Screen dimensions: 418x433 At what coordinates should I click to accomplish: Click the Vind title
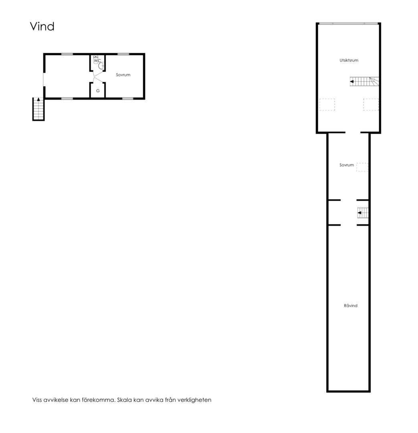[x=42, y=26]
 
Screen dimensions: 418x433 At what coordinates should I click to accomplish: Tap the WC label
[x=97, y=61]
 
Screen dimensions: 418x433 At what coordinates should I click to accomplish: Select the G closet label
[x=98, y=91]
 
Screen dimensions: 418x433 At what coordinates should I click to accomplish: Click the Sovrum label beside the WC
[x=123, y=75]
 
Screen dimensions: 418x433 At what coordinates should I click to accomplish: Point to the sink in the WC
[x=101, y=66]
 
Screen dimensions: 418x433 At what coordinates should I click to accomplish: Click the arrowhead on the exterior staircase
[x=38, y=99]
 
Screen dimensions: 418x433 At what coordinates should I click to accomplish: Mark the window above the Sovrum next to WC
[x=123, y=54]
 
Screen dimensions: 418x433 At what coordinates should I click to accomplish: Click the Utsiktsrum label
[x=349, y=60]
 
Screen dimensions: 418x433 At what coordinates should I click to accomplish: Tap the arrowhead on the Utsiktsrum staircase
[x=352, y=81]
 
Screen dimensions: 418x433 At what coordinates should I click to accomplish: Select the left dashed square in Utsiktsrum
[x=327, y=105]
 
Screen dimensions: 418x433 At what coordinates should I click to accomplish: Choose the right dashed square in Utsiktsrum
[x=371, y=105]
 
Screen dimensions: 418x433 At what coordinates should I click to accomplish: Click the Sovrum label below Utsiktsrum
[x=347, y=165]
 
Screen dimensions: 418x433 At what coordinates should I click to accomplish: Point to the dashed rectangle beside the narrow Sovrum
[x=362, y=167]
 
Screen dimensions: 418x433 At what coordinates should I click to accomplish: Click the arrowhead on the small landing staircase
[x=359, y=213]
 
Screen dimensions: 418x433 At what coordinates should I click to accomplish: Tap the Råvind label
[x=351, y=306]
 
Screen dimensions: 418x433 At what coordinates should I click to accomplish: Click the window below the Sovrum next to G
[x=127, y=99]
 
